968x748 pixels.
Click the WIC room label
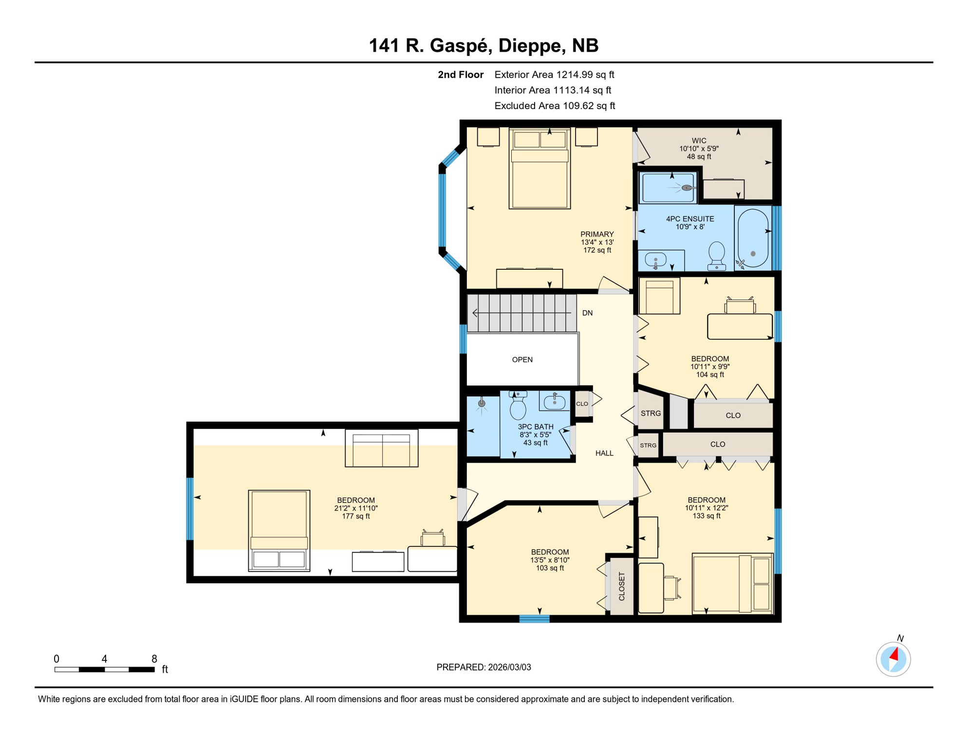[x=699, y=141]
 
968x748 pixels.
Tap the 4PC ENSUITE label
[x=690, y=219]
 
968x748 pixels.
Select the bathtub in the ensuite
[x=753, y=238]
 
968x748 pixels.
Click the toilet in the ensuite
[x=716, y=256]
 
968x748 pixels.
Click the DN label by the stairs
[x=587, y=313]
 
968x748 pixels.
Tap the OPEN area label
[x=522, y=360]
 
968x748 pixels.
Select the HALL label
[x=604, y=453]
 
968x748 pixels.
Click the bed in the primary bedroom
[x=540, y=168]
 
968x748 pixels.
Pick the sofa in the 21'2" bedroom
[x=381, y=449]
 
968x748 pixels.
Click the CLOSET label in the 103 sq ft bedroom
[x=622, y=586]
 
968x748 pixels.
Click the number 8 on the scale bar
[x=154, y=659]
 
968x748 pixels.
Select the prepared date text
[x=484, y=667]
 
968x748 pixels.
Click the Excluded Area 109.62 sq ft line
[x=555, y=106]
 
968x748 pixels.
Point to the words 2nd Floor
[x=460, y=75]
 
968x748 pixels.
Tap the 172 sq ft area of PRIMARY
[x=597, y=250]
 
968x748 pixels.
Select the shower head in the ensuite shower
[x=687, y=187]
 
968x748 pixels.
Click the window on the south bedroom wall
[x=534, y=619]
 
